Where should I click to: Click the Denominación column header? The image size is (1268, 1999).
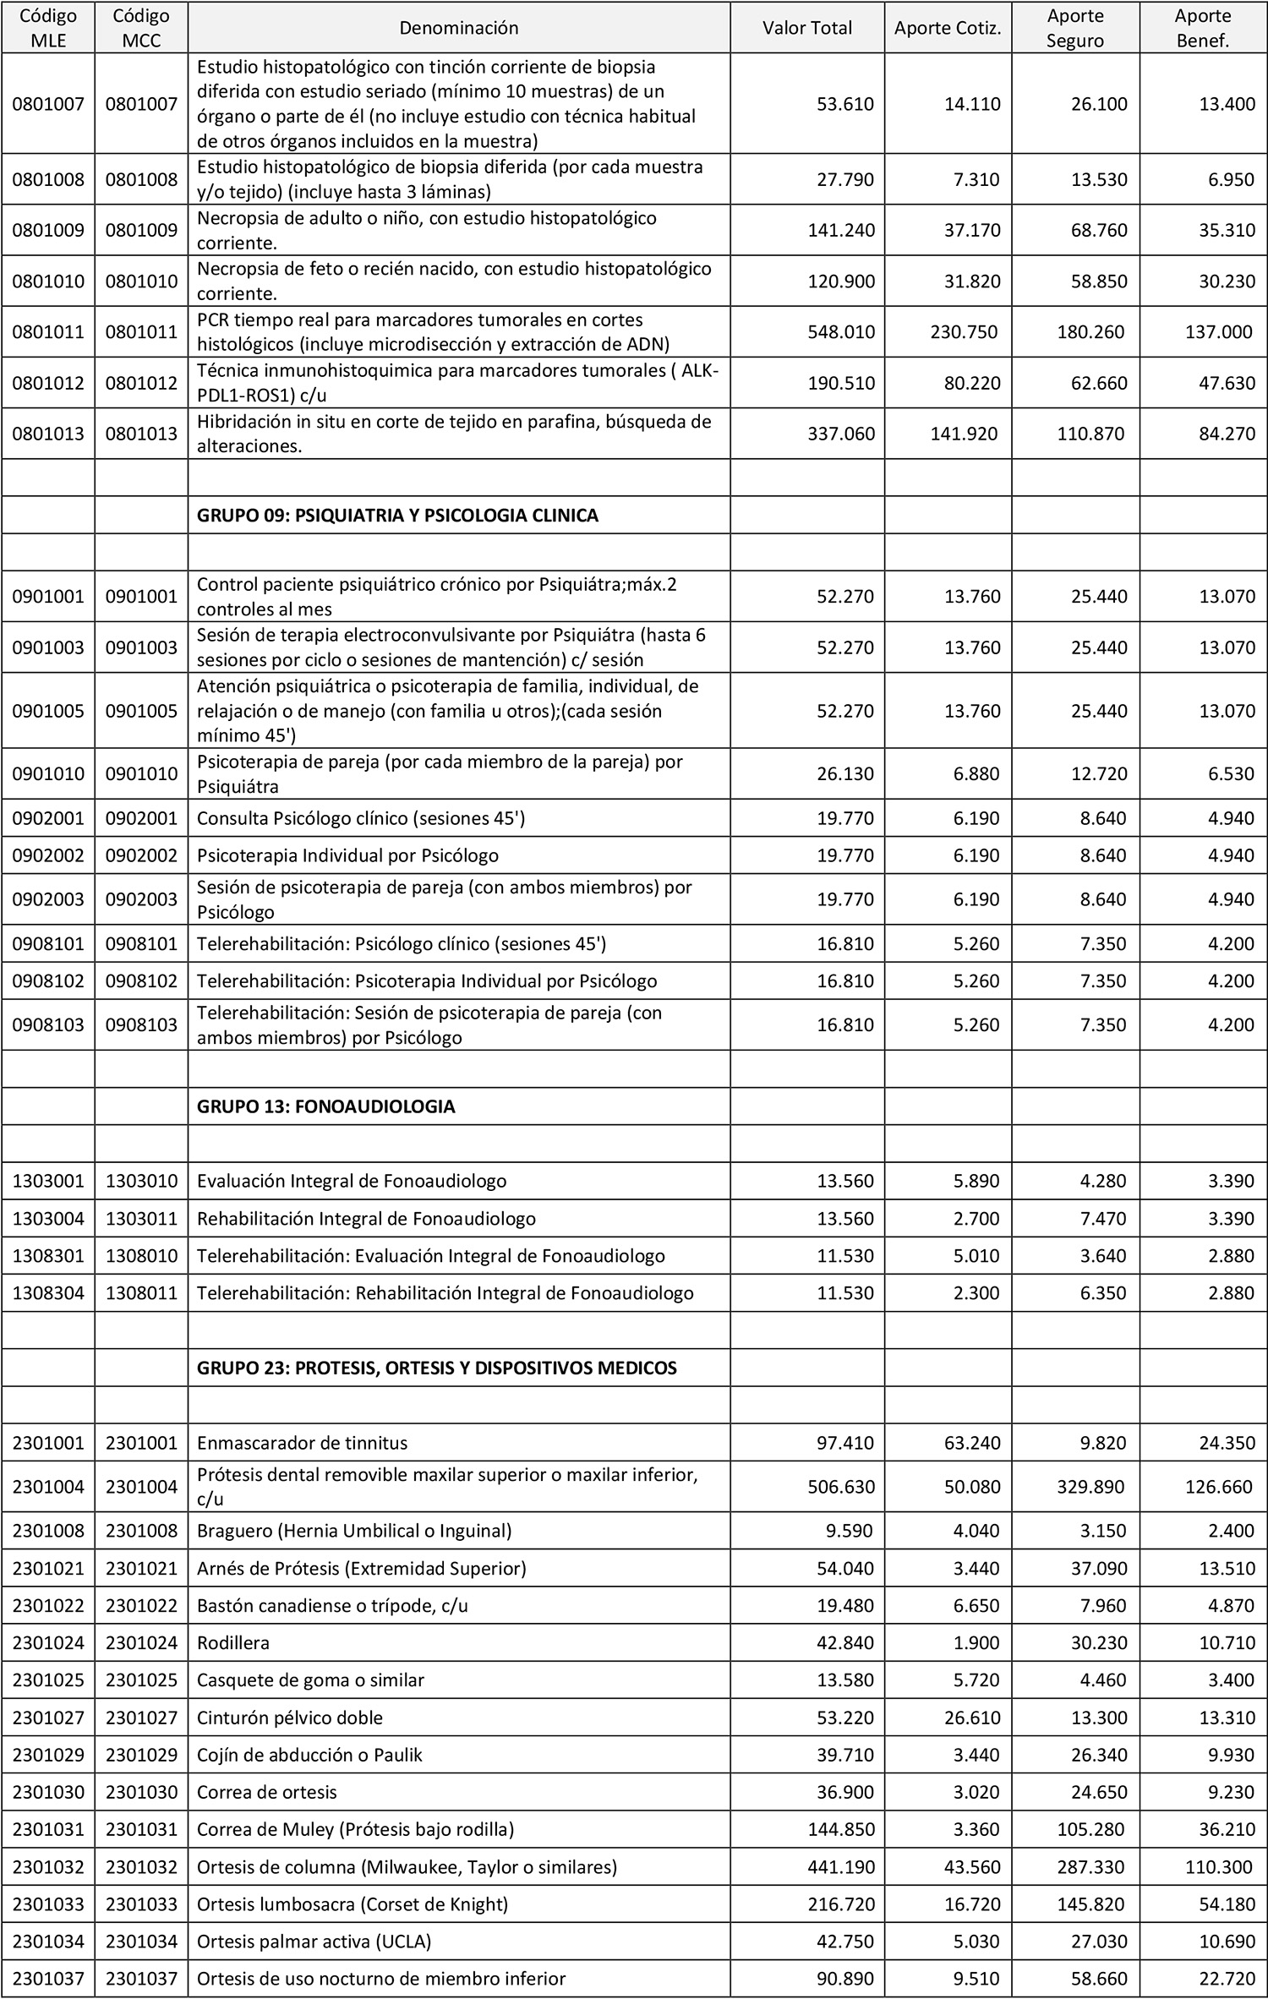point(458,28)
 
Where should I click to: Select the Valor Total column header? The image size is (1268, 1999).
point(806,28)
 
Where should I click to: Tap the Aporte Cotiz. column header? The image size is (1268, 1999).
point(947,28)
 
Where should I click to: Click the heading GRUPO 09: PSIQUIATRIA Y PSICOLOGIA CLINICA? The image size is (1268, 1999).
point(397,516)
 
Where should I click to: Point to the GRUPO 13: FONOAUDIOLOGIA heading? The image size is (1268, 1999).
point(325,1106)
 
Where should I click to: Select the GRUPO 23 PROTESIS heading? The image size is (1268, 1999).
point(436,1368)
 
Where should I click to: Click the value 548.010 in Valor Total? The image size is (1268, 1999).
point(840,331)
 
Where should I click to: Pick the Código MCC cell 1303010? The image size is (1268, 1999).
point(141,1181)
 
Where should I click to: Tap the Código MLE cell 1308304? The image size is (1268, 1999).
point(48,1292)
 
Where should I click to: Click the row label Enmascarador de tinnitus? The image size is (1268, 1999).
point(302,1443)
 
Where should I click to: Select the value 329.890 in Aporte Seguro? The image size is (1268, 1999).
point(1090,1487)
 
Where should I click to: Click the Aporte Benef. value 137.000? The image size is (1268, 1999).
point(1218,331)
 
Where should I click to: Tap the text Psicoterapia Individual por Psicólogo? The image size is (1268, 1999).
point(347,855)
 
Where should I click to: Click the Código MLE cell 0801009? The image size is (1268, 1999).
point(48,230)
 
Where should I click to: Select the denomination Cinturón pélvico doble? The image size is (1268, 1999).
point(289,1718)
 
